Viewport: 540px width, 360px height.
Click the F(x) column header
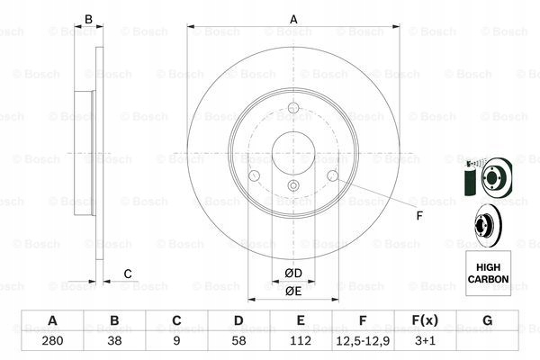click(x=425, y=321)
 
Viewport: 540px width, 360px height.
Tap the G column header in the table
click(x=487, y=321)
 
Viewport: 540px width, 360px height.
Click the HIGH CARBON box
click(x=487, y=273)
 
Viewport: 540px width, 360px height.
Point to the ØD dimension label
click(x=293, y=273)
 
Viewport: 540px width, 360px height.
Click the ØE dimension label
click(x=293, y=290)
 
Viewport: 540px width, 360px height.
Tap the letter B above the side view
click(x=88, y=19)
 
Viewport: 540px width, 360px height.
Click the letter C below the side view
click(x=128, y=274)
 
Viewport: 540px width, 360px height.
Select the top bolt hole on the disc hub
click(x=293, y=115)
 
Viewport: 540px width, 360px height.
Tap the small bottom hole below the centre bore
click(x=293, y=186)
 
